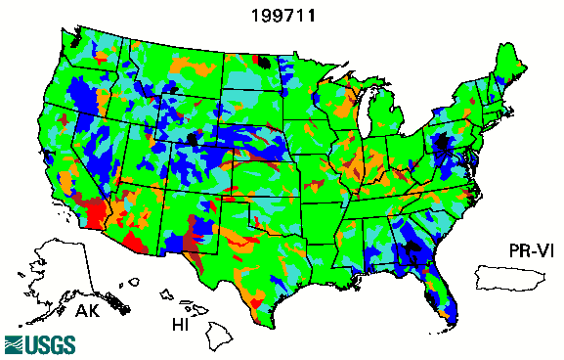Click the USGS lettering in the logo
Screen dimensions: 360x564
pos(44,344)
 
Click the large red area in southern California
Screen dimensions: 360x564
pos(95,211)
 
